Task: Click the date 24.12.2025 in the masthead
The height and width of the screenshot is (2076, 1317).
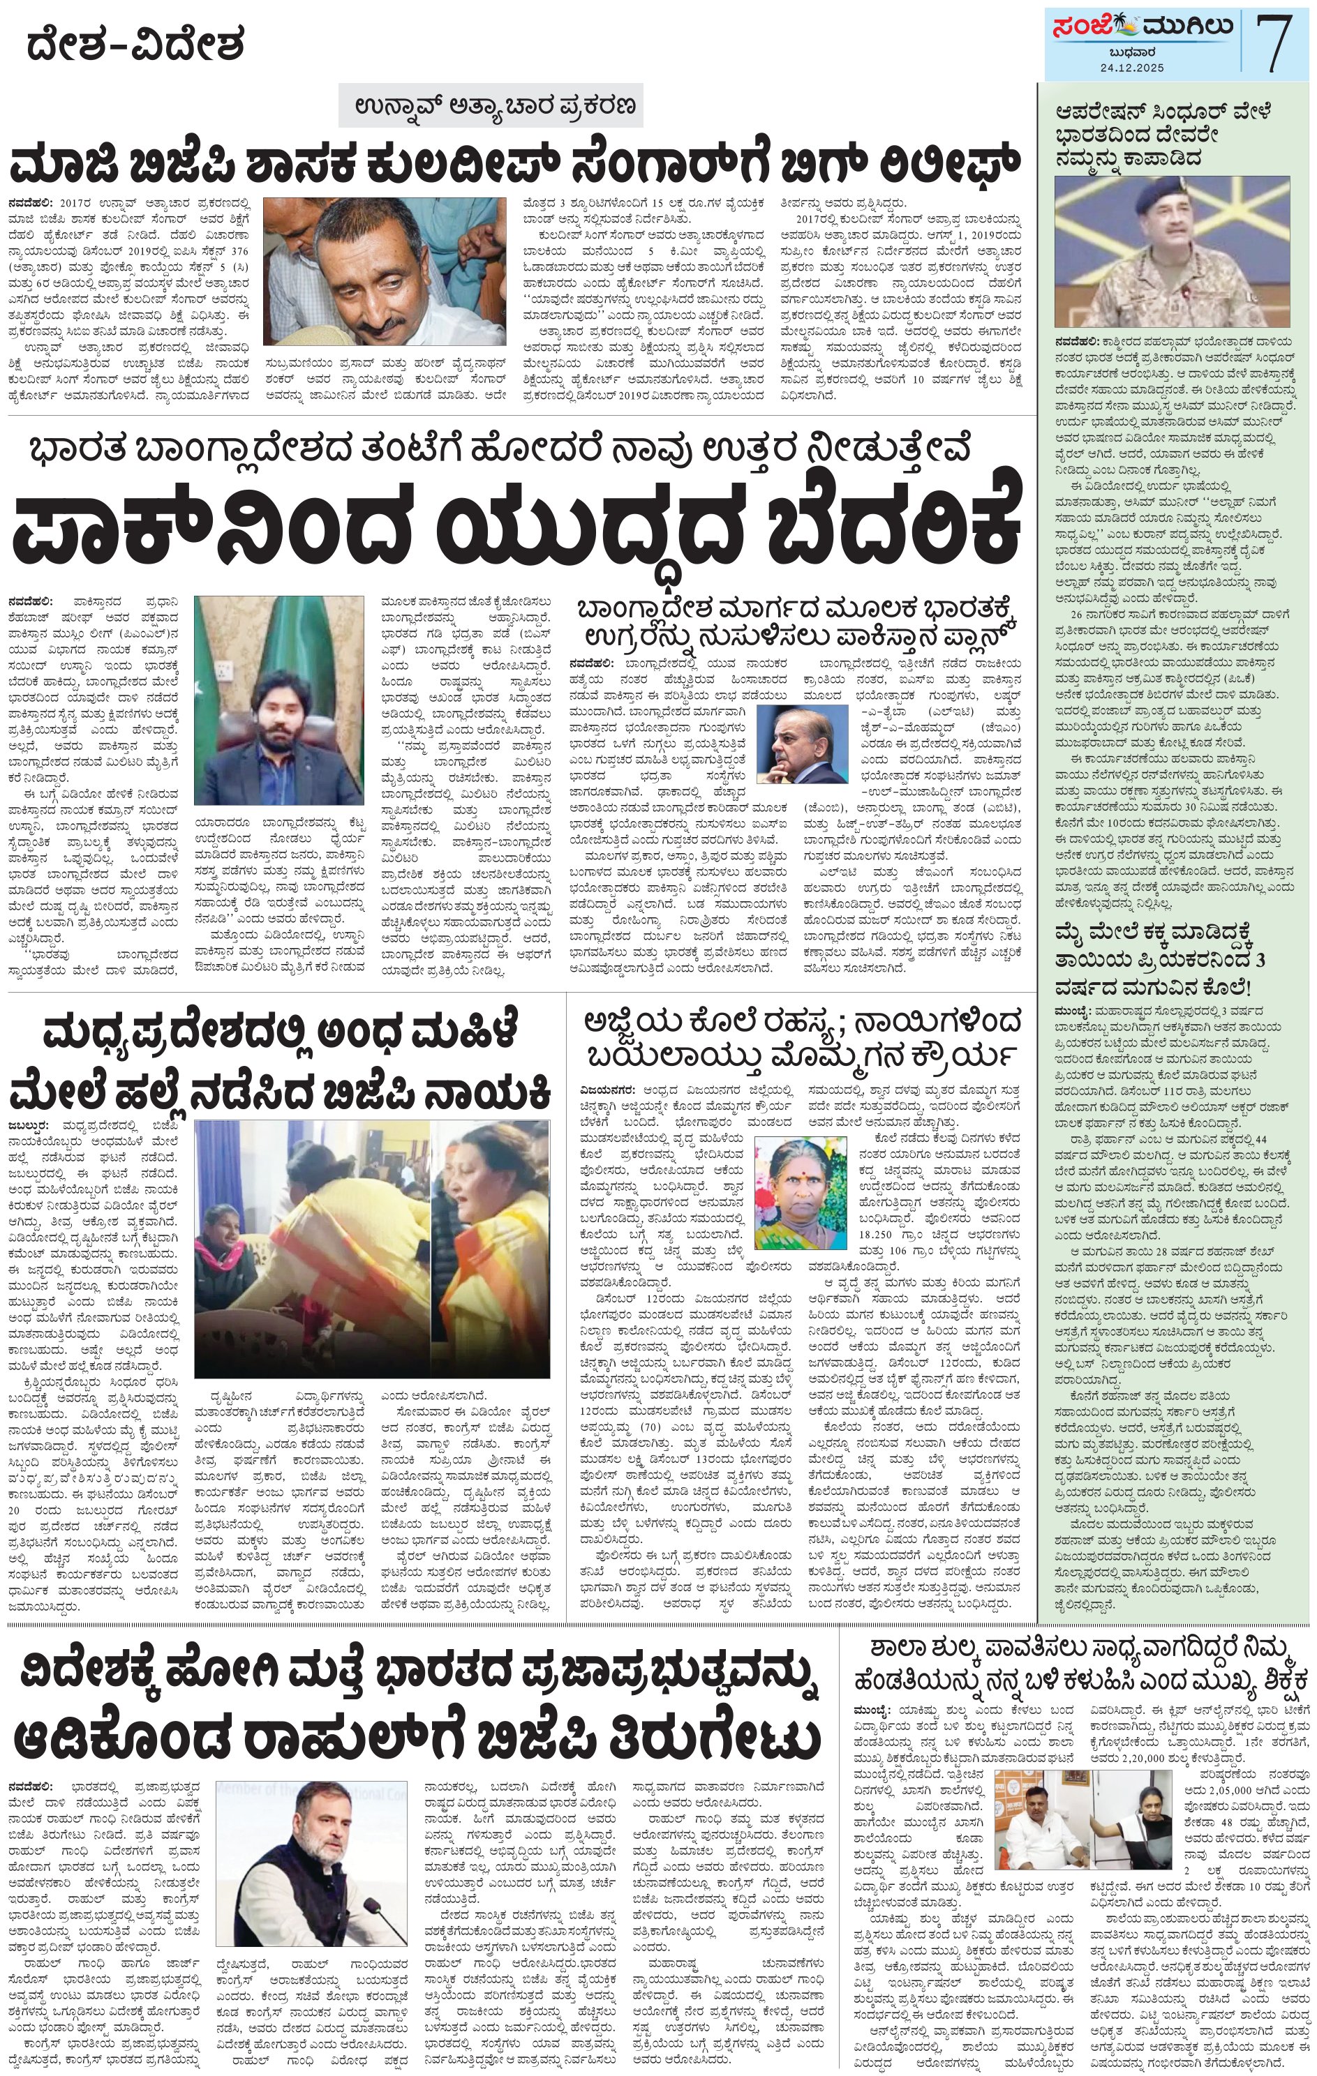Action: tap(1131, 67)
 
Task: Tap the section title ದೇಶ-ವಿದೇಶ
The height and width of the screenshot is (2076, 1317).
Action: tap(135, 44)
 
